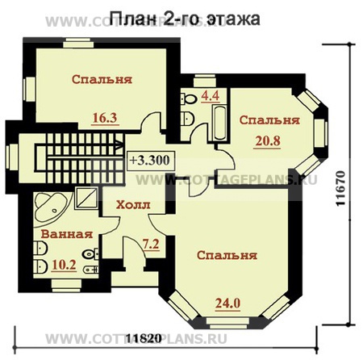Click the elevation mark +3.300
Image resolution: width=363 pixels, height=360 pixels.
click(150, 159)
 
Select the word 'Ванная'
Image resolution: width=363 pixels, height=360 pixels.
click(66, 235)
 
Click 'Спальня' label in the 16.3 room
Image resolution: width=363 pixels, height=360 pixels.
click(101, 79)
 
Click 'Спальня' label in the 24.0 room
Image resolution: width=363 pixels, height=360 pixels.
click(227, 255)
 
